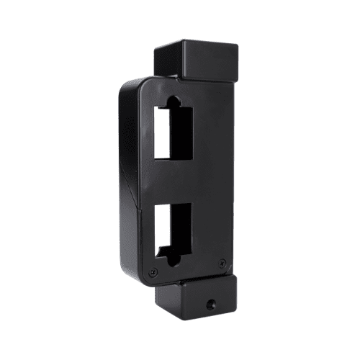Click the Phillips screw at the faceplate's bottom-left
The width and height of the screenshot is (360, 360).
(153, 271)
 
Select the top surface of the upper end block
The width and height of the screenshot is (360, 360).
(196, 45)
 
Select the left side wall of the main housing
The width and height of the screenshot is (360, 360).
(127, 180)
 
